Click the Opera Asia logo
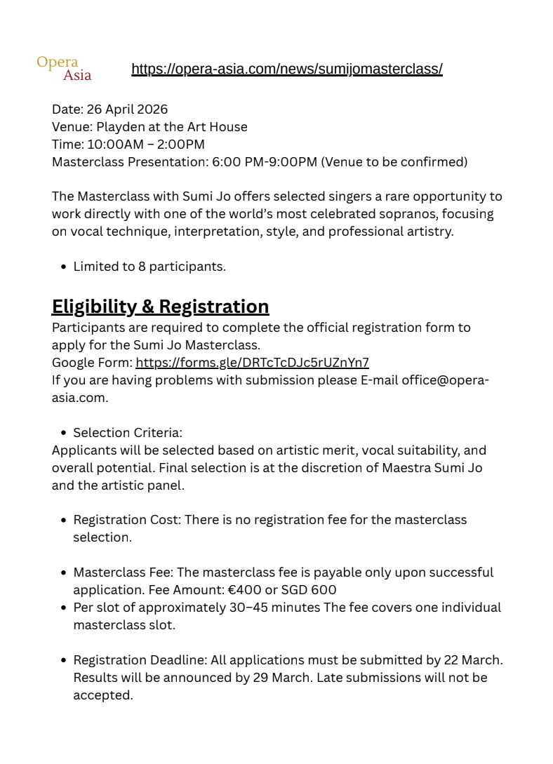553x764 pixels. (64, 68)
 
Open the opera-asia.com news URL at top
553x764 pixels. (286, 69)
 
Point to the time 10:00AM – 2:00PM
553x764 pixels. (146, 145)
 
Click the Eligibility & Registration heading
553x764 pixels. (160, 307)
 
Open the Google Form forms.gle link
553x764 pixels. (252, 363)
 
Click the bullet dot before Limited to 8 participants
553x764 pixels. (64, 267)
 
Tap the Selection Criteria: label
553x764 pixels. (128, 433)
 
